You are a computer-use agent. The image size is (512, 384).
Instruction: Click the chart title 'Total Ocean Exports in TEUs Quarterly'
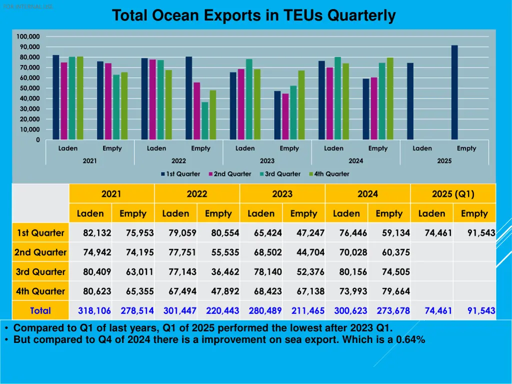point(253,15)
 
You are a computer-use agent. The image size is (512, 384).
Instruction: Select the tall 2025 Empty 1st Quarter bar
point(454,92)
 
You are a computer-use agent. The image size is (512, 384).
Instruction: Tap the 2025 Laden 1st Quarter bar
point(410,101)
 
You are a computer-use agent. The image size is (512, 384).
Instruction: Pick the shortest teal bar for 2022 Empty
point(205,121)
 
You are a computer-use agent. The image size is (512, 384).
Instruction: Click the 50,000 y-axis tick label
point(29,88)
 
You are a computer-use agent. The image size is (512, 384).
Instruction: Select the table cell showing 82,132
point(97,233)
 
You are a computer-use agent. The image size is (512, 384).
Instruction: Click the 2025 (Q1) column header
point(453,194)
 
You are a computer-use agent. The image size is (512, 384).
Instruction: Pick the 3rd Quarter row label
point(40,272)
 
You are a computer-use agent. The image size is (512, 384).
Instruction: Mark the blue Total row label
point(40,310)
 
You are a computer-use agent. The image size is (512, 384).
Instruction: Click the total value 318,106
point(94,310)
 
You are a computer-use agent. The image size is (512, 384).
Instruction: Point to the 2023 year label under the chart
point(267,161)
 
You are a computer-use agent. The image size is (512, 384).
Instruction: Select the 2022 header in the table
point(197,194)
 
